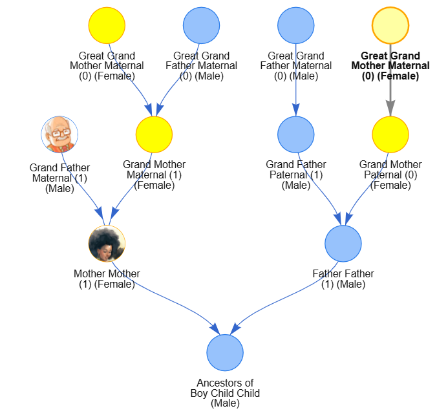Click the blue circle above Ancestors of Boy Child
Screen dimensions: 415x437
pyautogui.click(x=225, y=353)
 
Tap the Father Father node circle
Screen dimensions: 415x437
pyautogui.click(x=343, y=244)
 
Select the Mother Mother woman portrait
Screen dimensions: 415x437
pyautogui.click(x=107, y=244)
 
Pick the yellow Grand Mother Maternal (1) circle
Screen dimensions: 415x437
pyautogui.click(x=154, y=134)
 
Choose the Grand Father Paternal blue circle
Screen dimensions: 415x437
pyautogui.click(x=296, y=134)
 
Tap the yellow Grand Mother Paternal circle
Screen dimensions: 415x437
pyautogui.click(x=390, y=134)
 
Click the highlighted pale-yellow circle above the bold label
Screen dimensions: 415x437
pyautogui.click(x=390, y=25)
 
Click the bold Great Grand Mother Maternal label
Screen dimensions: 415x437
pyautogui.click(x=390, y=66)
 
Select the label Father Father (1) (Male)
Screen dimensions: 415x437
pyautogui.click(x=343, y=279)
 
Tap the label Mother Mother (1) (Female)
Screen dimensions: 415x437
pyautogui.click(x=107, y=279)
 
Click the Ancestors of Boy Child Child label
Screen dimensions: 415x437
pyautogui.click(x=225, y=393)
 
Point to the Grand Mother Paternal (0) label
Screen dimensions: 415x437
pyautogui.click(x=390, y=175)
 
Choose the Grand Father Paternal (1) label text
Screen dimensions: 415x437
pyautogui.click(x=296, y=175)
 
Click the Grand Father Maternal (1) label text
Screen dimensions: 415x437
pyautogui.click(x=59, y=178)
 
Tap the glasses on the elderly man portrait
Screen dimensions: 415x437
pyautogui.click(x=61, y=133)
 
